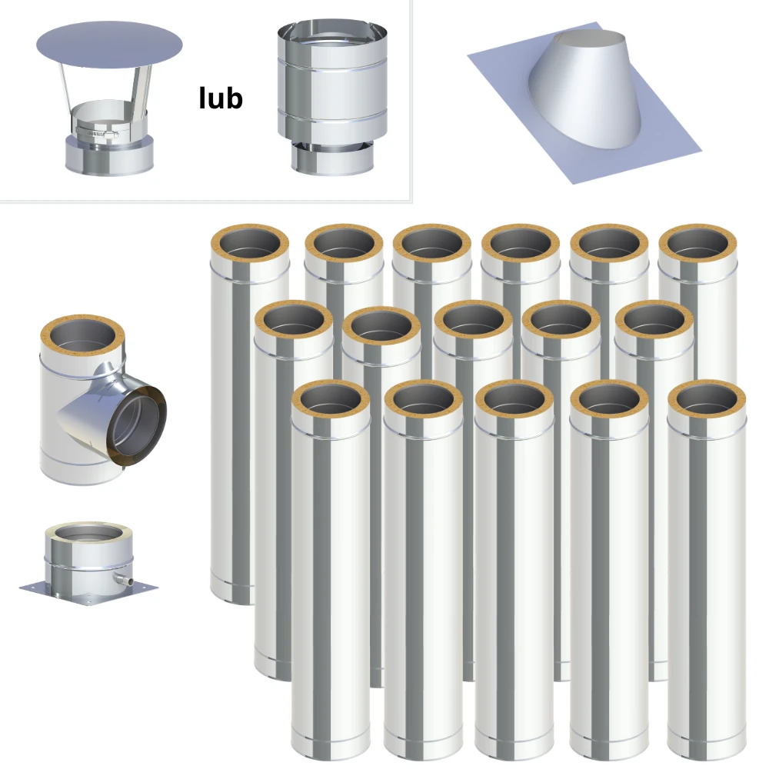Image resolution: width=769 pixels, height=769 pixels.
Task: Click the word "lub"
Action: (221, 98)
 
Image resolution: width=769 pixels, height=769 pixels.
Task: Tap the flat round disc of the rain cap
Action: (109, 45)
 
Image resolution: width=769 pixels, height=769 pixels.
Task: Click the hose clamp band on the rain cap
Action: (97, 131)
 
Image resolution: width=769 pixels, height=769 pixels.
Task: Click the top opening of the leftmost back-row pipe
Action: (250, 244)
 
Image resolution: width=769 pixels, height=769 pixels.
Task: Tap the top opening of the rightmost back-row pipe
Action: (697, 244)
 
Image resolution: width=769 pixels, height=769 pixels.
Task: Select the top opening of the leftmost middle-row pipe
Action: (294, 320)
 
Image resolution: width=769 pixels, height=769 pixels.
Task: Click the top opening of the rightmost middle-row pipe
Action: (654, 320)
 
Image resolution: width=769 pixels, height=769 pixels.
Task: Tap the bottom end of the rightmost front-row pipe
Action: (707, 749)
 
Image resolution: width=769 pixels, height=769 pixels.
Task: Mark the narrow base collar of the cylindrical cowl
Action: (332, 158)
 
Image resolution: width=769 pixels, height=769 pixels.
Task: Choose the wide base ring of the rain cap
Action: (109, 155)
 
